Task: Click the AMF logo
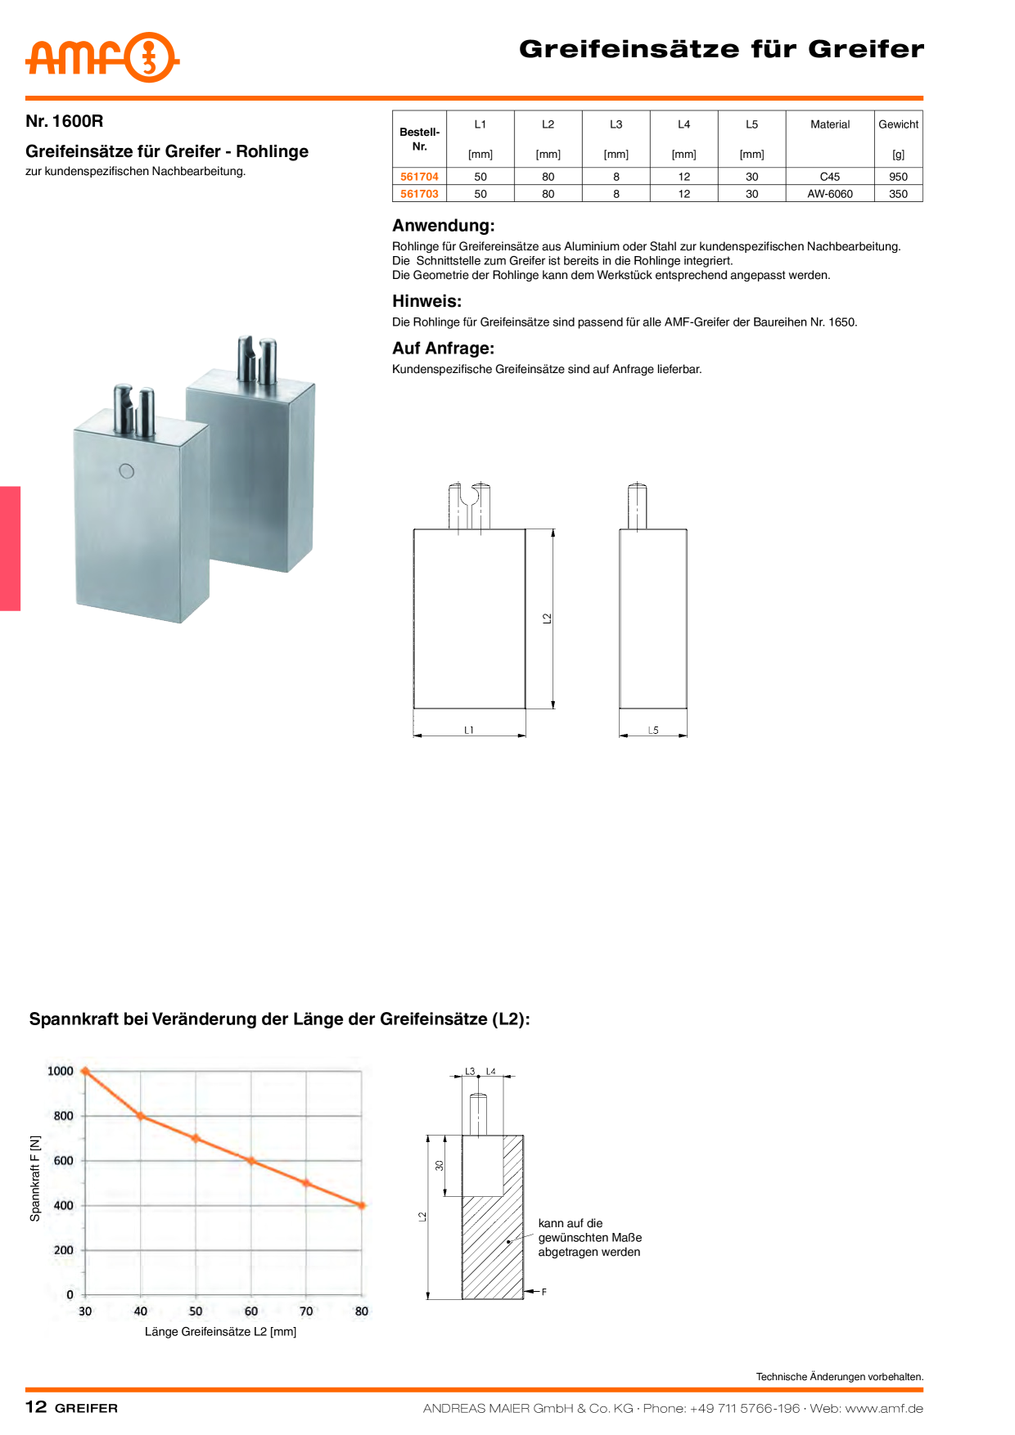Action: click(x=102, y=57)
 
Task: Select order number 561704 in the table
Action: click(x=419, y=177)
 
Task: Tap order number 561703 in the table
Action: click(x=419, y=194)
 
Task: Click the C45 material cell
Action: click(x=830, y=177)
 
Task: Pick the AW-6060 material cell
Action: click(x=830, y=194)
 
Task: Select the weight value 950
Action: click(x=898, y=177)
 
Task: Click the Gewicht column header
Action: click(x=898, y=124)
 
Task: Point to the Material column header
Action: click(x=830, y=124)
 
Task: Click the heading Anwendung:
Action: click(x=444, y=226)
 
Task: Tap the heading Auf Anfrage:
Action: click(x=443, y=349)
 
